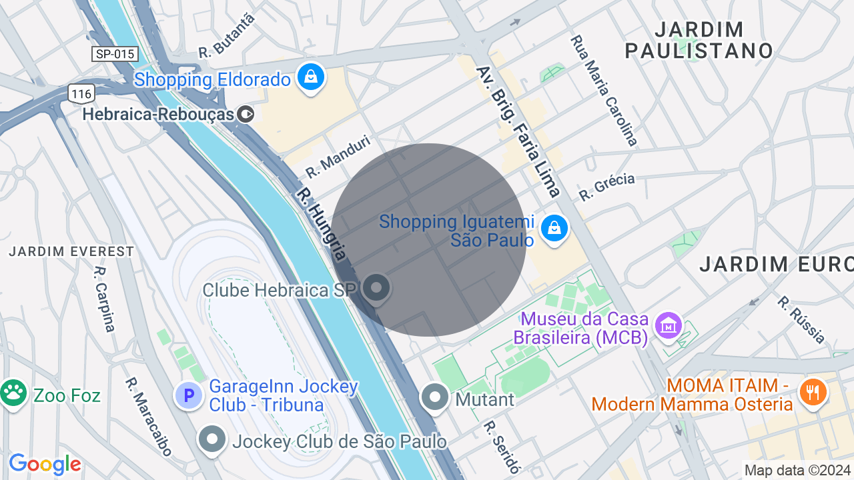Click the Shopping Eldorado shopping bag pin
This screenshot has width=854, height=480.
click(311, 77)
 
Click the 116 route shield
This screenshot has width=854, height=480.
click(81, 93)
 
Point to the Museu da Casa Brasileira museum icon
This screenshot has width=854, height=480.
click(668, 325)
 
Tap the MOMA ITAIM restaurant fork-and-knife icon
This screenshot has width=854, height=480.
click(812, 392)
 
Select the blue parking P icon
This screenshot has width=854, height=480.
click(189, 395)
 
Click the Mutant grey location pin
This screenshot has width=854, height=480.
click(436, 397)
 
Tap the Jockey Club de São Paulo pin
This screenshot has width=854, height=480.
click(213, 439)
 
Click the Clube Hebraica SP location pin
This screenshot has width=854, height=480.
click(376, 289)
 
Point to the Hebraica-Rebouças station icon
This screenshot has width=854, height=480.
click(246, 115)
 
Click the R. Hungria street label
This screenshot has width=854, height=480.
click(322, 223)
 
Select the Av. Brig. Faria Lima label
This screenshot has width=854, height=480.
click(518, 131)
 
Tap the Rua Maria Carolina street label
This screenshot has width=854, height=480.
click(604, 91)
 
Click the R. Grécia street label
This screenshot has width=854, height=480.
click(606, 187)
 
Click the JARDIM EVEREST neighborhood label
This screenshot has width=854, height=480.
click(71, 252)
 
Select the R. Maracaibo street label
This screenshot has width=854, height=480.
click(148, 417)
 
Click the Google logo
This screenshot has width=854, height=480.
click(45, 464)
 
